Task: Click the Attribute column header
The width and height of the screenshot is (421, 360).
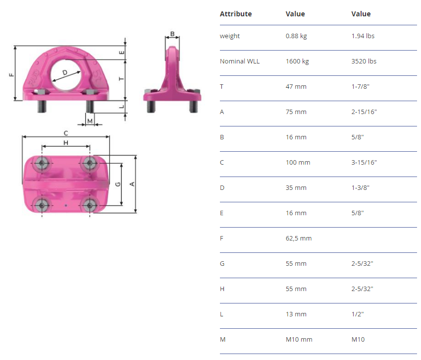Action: (236, 14)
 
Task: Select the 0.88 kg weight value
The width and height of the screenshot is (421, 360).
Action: (296, 36)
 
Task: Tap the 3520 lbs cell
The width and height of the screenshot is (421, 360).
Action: (364, 61)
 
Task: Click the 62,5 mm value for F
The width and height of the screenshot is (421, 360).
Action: (299, 239)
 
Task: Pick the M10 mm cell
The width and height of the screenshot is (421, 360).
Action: (299, 340)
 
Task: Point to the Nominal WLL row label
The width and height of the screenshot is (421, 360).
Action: (240, 61)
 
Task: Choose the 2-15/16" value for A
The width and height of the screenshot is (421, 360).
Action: (364, 112)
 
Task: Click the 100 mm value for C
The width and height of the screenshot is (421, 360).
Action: (298, 162)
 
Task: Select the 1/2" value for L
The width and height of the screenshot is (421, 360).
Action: (358, 314)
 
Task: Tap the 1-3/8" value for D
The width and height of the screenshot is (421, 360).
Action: (360, 187)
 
